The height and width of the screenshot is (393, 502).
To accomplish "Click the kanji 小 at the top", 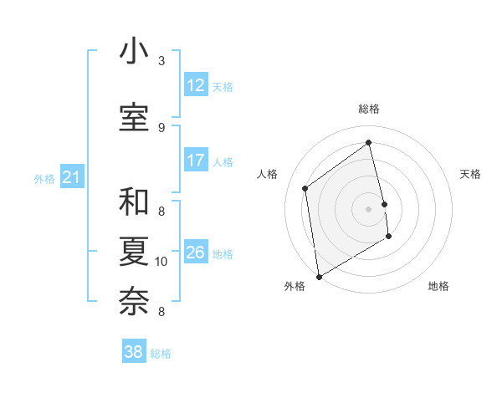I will (x=134, y=52).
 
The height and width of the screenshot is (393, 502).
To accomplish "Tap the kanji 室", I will (x=134, y=117).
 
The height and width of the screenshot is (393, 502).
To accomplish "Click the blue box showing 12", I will (x=196, y=85).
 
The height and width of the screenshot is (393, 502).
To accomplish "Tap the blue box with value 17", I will (x=196, y=161).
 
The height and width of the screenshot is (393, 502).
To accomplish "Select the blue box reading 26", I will (x=196, y=253).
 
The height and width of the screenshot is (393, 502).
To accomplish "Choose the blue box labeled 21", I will (x=72, y=177).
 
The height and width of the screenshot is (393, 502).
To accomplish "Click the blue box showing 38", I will (x=134, y=352).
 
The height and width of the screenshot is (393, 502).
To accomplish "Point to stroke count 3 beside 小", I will (x=161, y=61).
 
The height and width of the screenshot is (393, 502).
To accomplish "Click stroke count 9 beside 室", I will (x=161, y=127).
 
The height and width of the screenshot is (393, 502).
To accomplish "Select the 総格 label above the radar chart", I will (x=369, y=109).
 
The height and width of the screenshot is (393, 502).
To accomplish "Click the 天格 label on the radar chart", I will (x=470, y=174).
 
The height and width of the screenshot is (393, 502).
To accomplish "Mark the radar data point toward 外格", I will (x=319, y=276).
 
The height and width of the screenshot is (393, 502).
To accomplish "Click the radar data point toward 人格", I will (x=305, y=188).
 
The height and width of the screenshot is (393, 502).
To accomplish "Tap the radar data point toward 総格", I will (x=369, y=143).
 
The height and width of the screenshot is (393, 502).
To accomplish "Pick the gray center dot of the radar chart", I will (x=369, y=209).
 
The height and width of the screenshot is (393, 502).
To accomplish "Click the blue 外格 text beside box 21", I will (x=44, y=178).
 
